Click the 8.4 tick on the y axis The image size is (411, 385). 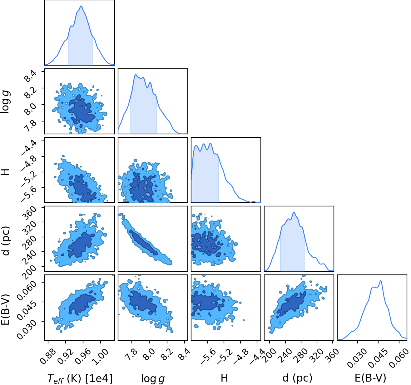pos(30,76)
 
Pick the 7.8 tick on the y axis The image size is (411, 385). pos(30,126)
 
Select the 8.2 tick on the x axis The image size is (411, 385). pos(167,354)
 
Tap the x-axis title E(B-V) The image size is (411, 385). pos(370,378)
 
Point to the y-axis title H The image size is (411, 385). pos(6,172)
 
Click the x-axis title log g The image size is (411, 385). pos(153,378)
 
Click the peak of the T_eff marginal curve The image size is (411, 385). pos(81,6)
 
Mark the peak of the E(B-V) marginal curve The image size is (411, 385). pos(381,281)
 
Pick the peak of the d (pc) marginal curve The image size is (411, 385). pos(294,212)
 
